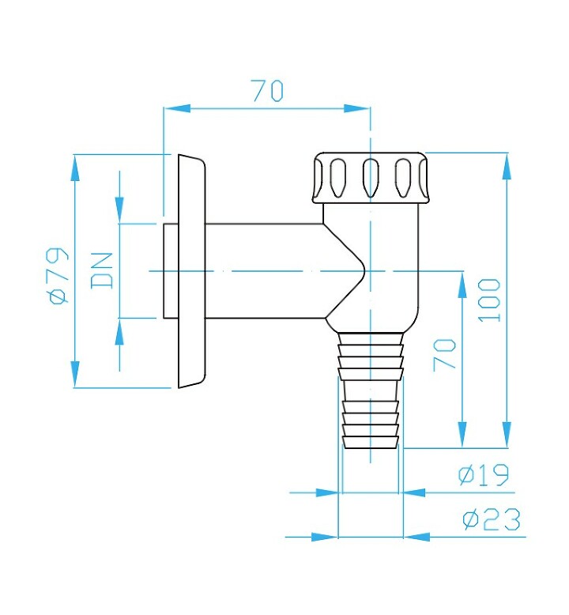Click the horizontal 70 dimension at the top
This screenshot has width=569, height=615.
[x=267, y=91]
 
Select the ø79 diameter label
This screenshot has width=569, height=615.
[x=58, y=275]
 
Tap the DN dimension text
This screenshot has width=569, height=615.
[x=102, y=271]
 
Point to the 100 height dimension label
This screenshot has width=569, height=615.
[x=489, y=300]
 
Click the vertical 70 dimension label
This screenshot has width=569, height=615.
[x=445, y=355]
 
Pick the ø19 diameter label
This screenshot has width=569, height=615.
[x=484, y=474]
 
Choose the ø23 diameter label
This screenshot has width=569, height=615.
[x=492, y=519]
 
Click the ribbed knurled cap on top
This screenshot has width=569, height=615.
[x=371, y=178]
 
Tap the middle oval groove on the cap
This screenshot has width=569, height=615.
[x=371, y=178]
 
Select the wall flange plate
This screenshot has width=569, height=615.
[x=192, y=271]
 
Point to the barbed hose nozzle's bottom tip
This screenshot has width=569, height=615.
[x=371, y=447]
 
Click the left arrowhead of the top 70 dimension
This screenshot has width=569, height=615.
[x=176, y=108]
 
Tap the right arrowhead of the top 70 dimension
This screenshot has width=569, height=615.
[x=357, y=108]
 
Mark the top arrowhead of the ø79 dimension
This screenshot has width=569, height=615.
[x=74, y=168]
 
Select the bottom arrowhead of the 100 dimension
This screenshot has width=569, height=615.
[x=507, y=434]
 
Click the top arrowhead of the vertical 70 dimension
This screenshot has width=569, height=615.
[x=463, y=285]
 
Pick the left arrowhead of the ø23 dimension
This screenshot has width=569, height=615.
[x=325, y=537]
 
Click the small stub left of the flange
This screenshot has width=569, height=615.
[x=171, y=271]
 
